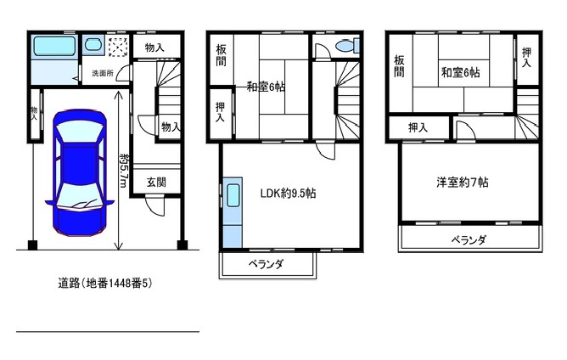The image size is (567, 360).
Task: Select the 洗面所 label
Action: coord(103,74)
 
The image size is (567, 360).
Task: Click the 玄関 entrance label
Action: coord(155,182)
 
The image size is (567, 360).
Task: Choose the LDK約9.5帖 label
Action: coord(288,193)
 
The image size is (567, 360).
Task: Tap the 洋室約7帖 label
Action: coord(463,182)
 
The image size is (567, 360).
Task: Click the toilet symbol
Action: coord(345,46)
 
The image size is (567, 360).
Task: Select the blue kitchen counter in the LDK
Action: coord(233,212)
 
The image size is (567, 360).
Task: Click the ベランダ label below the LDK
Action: coord(266,265)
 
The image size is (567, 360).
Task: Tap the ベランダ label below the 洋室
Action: coord(469,239)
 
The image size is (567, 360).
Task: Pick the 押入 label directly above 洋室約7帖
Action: coord(417,127)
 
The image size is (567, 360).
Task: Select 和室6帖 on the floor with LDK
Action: coord(266,86)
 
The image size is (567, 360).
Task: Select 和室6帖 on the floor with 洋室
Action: coord(460,73)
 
